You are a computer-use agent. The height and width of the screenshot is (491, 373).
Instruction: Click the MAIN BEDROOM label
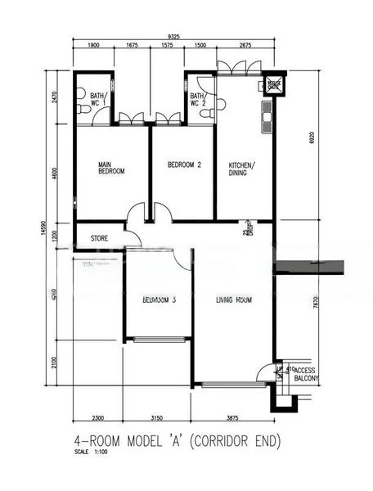[110, 169]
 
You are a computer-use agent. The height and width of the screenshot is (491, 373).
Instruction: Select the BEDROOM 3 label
[160, 300]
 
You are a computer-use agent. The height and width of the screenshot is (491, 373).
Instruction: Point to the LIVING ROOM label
[233, 300]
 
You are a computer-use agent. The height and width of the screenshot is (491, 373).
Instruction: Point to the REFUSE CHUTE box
[273, 84]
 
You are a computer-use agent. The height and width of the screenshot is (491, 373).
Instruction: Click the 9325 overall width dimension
[174, 36]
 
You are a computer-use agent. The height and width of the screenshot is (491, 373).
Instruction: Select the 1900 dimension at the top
[92, 47]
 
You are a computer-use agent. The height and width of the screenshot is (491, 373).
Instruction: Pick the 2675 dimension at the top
[245, 47]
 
